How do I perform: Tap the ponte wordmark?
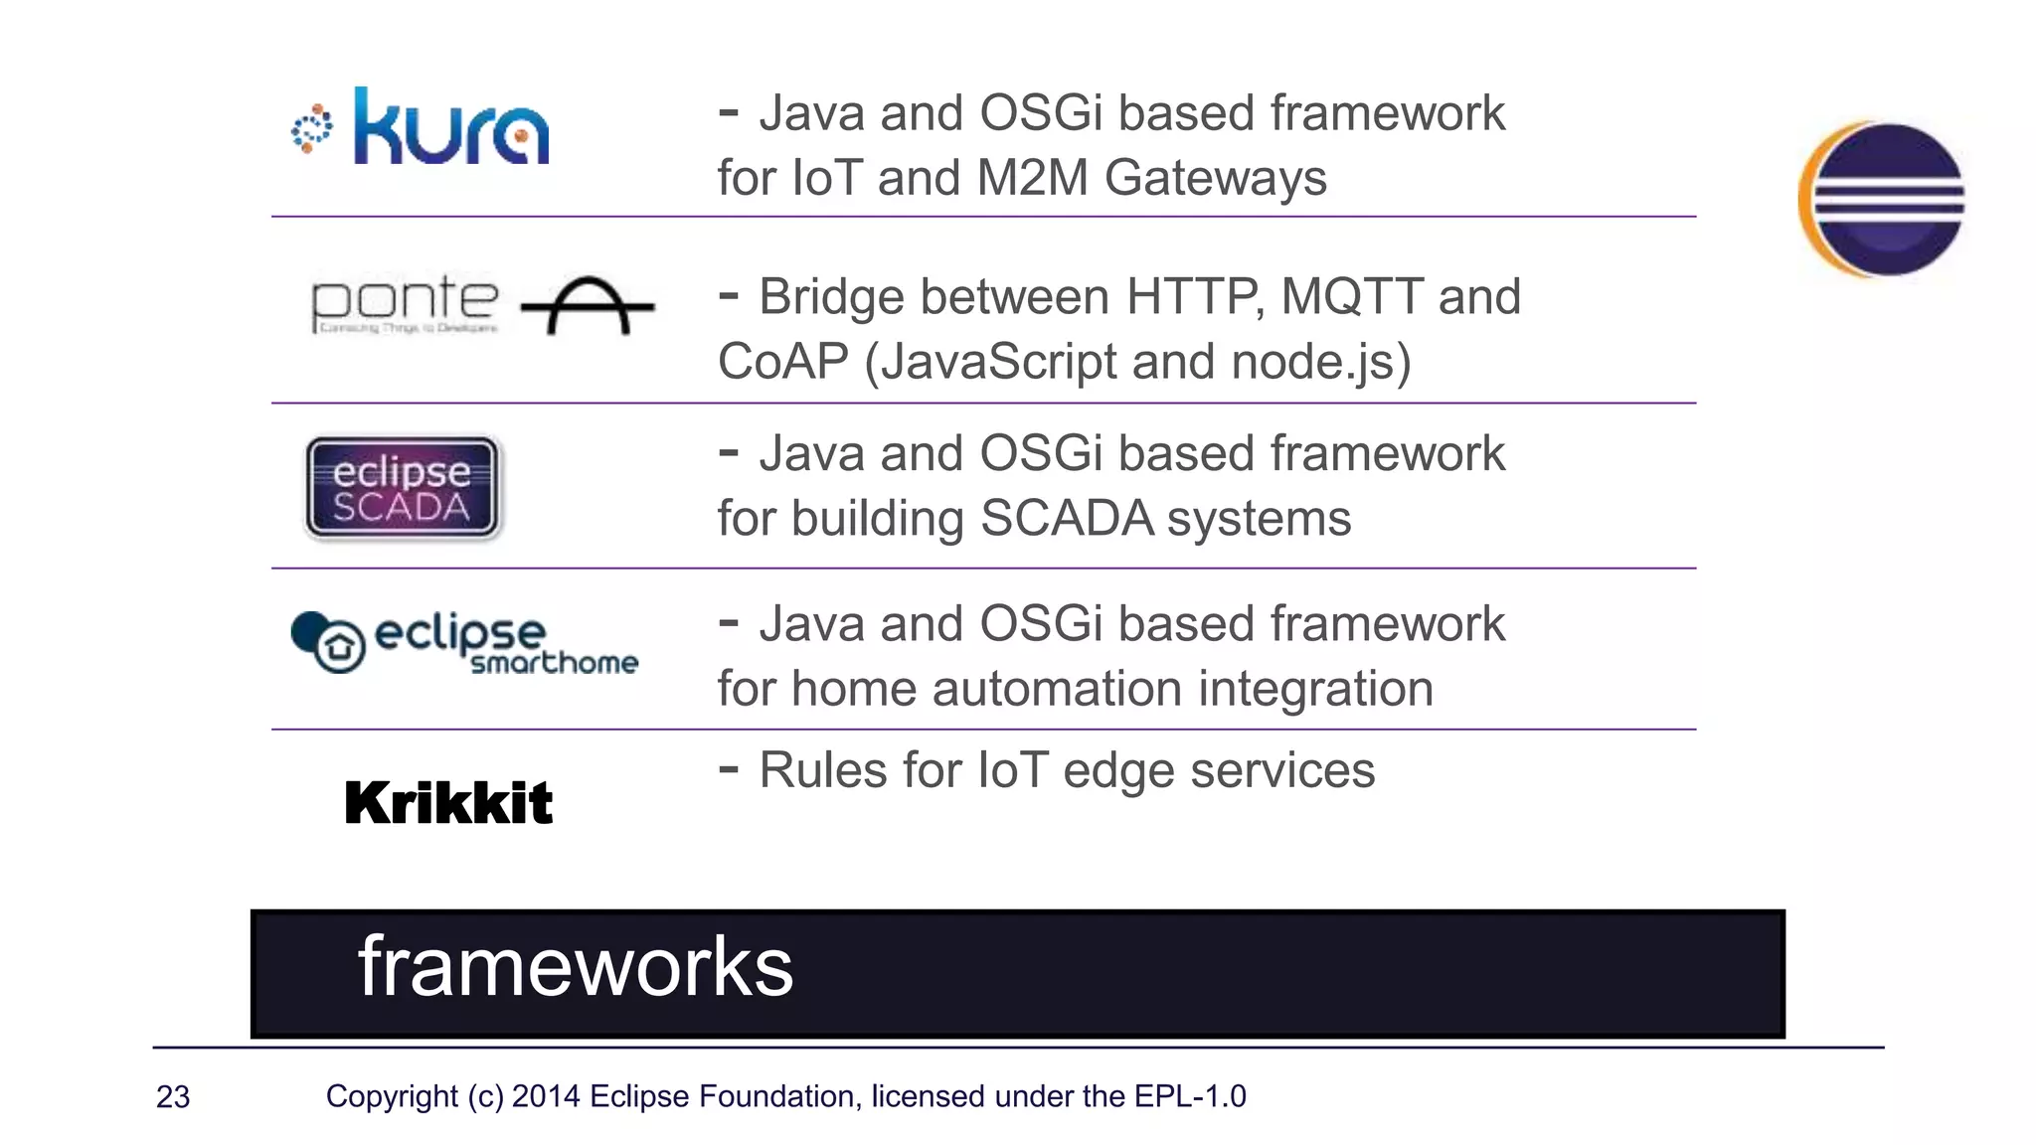(404, 302)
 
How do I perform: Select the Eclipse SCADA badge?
(403, 488)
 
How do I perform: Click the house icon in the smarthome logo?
(339, 647)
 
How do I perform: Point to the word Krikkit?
(447, 803)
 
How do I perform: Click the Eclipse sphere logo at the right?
(1882, 199)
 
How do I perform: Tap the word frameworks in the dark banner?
(575, 967)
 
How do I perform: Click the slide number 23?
(173, 1097)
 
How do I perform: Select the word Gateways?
(1215, 179)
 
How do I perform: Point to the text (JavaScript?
(990, 362)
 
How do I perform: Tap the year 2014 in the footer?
(546, 1096)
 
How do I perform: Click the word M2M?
(1033, 179)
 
